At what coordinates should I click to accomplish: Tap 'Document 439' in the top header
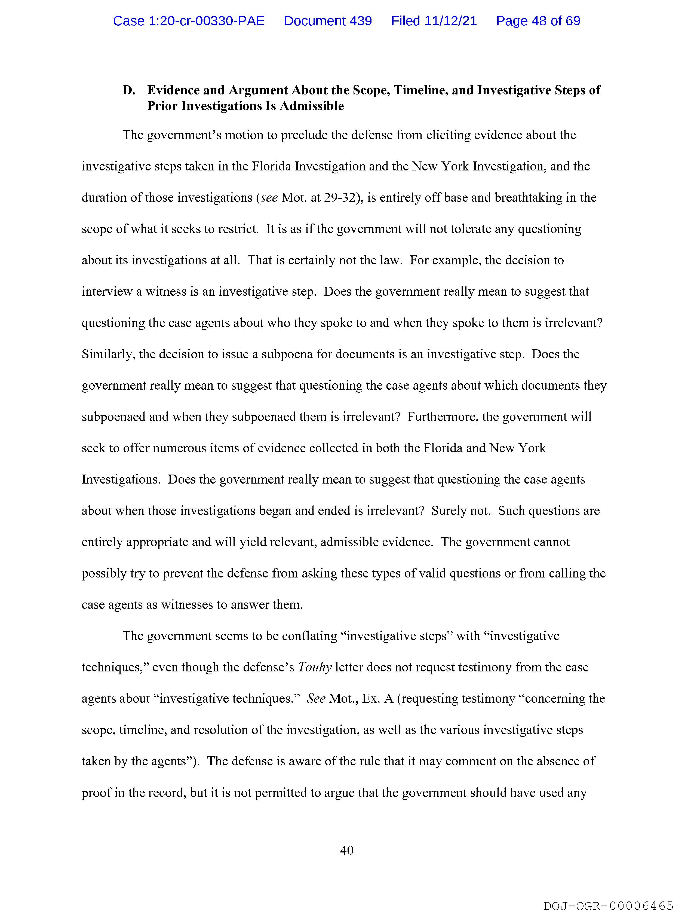pos(328,21)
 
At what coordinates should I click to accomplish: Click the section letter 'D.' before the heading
pos(129,90)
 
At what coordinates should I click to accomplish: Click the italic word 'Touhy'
pos(315,667)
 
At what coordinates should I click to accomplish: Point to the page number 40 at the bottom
pos(346,850)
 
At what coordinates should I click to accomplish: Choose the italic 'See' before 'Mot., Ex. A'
pos(316,699)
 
